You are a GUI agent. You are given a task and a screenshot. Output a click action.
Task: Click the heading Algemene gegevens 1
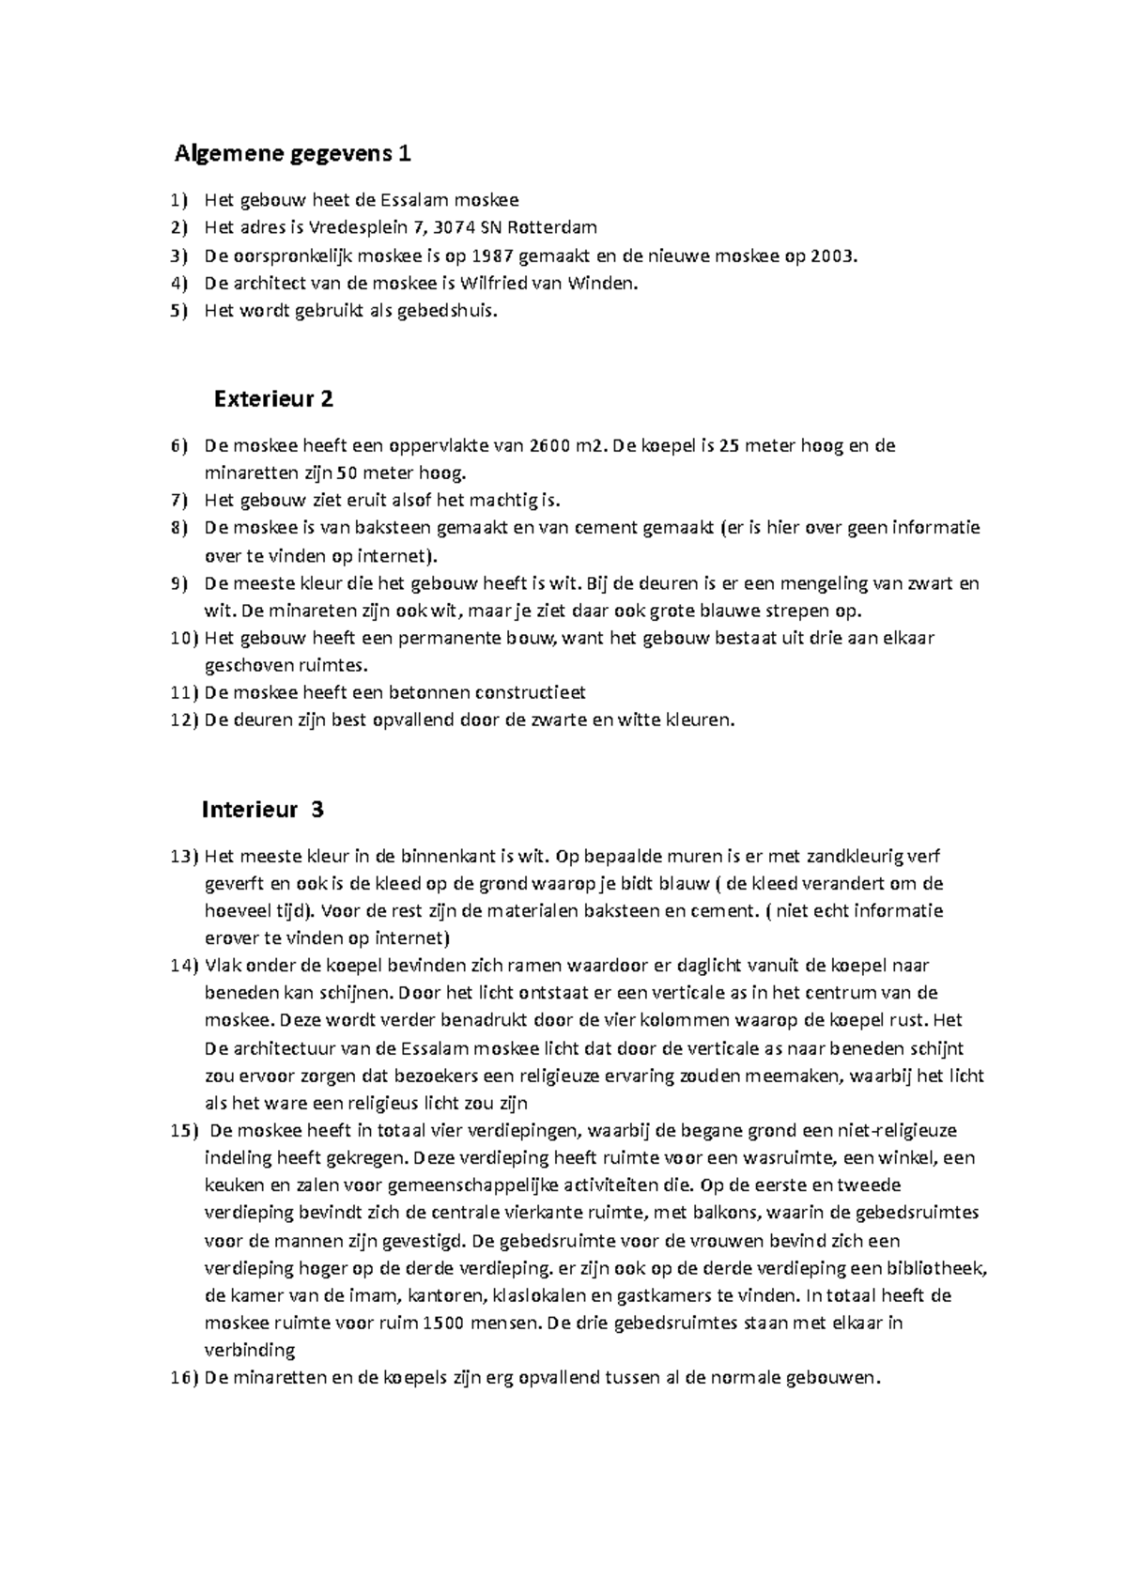click(x=292, y=153)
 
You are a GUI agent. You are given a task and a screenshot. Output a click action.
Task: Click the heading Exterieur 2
click(x=273, y=399)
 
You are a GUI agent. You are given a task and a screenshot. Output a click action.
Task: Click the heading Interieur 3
click(x=263, y=809)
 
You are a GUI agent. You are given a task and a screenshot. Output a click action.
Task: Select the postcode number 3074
click(x=455, y=227)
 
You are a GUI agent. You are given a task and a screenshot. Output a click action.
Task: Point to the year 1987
click(x=494, y=255)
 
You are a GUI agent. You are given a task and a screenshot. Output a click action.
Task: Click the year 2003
click(x=834, y=255)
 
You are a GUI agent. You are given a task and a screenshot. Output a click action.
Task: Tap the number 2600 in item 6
click(x=549, y=445)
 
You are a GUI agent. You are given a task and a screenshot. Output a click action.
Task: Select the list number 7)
click(x=179, y=501)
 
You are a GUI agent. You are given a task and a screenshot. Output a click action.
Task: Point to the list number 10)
click(x=184, y=638)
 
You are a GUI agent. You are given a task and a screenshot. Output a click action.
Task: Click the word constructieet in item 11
click(x=531, y=693)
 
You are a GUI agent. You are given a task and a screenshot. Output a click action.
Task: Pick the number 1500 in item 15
click(x=444, y=1323)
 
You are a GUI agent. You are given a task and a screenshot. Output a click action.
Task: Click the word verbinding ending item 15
click(x=250, y=1351)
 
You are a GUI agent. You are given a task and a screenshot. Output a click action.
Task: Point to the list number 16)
click(x=184, y=1378)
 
